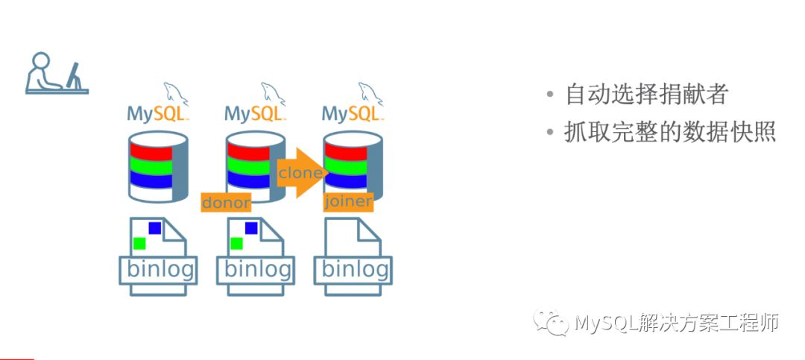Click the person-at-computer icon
[x=57, y=73]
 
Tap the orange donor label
[x=226, y=202]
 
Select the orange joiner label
[x=348, y=202]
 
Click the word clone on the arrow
[x=300, y=173]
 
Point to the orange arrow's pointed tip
[x=321, y=173]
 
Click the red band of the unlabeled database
[x=150, y=150]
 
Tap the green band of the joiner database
[x=345, y=165]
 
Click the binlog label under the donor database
[x=255, y=269]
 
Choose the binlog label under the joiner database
[x=353, y=269]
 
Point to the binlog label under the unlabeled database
[x=157, y=269]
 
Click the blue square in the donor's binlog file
[x=251, y=227]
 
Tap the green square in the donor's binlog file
[x=236, y=243]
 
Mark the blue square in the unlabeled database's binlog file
[x=154, y=227]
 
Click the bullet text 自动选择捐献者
[x=646, y=95]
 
